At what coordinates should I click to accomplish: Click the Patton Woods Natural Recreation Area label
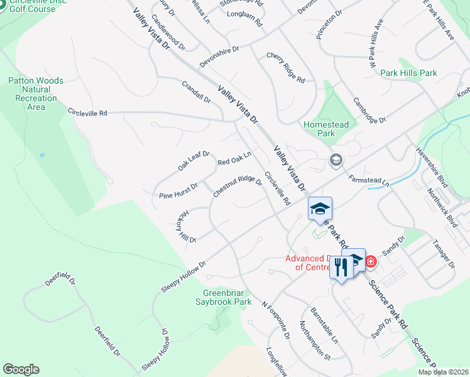coord(36,94)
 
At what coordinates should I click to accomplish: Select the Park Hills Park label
coord(408,74)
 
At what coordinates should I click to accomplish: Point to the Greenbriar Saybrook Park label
coord(227,297)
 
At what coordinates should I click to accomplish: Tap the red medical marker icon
coord(371,261)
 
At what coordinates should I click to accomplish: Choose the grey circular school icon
coord(336,161)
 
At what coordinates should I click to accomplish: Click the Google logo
coord(21,369)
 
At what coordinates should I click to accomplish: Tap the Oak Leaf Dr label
coord(194,161)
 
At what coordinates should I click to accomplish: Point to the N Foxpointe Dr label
coord(276,322)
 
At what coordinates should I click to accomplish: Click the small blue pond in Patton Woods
coord(41,155)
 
